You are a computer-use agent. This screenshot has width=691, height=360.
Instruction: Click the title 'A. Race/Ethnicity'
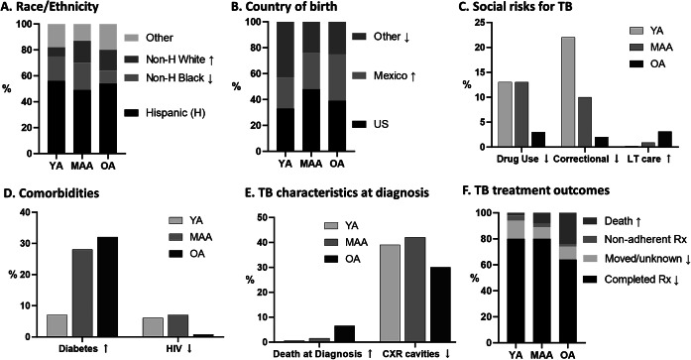[49, 7]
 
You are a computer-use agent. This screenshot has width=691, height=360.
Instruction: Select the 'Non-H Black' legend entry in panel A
[171, 78]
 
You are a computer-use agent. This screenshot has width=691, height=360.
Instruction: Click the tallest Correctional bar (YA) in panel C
[569, 91]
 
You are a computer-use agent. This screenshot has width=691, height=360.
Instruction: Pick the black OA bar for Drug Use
[537, 139]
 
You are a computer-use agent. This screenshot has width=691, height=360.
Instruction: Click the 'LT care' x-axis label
[642, 159]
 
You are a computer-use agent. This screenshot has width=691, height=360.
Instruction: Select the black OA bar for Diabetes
[107, 287]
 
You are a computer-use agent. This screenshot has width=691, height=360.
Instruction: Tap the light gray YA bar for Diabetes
[57, 325]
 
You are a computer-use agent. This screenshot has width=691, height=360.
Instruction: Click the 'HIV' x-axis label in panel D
[171, 348]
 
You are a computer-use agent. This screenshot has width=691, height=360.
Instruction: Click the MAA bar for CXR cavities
[415, 290]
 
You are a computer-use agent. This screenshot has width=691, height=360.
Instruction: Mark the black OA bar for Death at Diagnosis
[345, 333]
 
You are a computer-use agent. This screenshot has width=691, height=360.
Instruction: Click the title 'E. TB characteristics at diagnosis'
[337, 193]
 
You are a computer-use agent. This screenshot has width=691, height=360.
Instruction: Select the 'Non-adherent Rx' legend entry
[635, 240]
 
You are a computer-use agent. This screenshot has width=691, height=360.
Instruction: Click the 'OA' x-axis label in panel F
[566, 355]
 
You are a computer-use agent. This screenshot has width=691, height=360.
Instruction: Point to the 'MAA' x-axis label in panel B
[310, 164]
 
